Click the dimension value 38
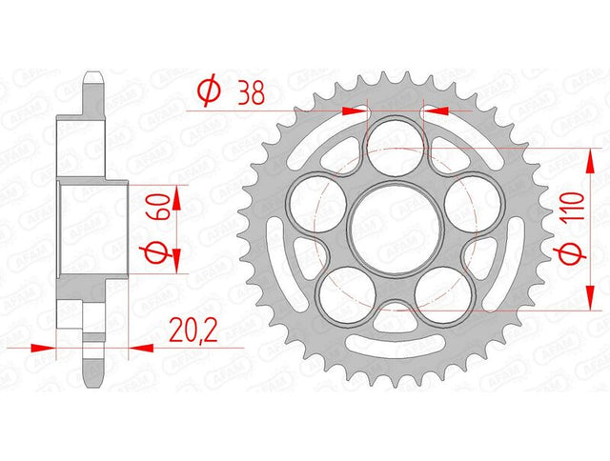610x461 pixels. tap(252, 93)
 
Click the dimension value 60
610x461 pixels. tap(157, 207)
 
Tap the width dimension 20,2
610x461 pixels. tap(193, 331)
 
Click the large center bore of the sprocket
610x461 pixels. tap(396, 229)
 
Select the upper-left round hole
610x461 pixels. tap(317, 204)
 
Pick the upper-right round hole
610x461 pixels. tap(473, 204)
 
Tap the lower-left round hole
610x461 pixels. tap(347, 294)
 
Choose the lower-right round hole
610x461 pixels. tap(443, 294)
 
